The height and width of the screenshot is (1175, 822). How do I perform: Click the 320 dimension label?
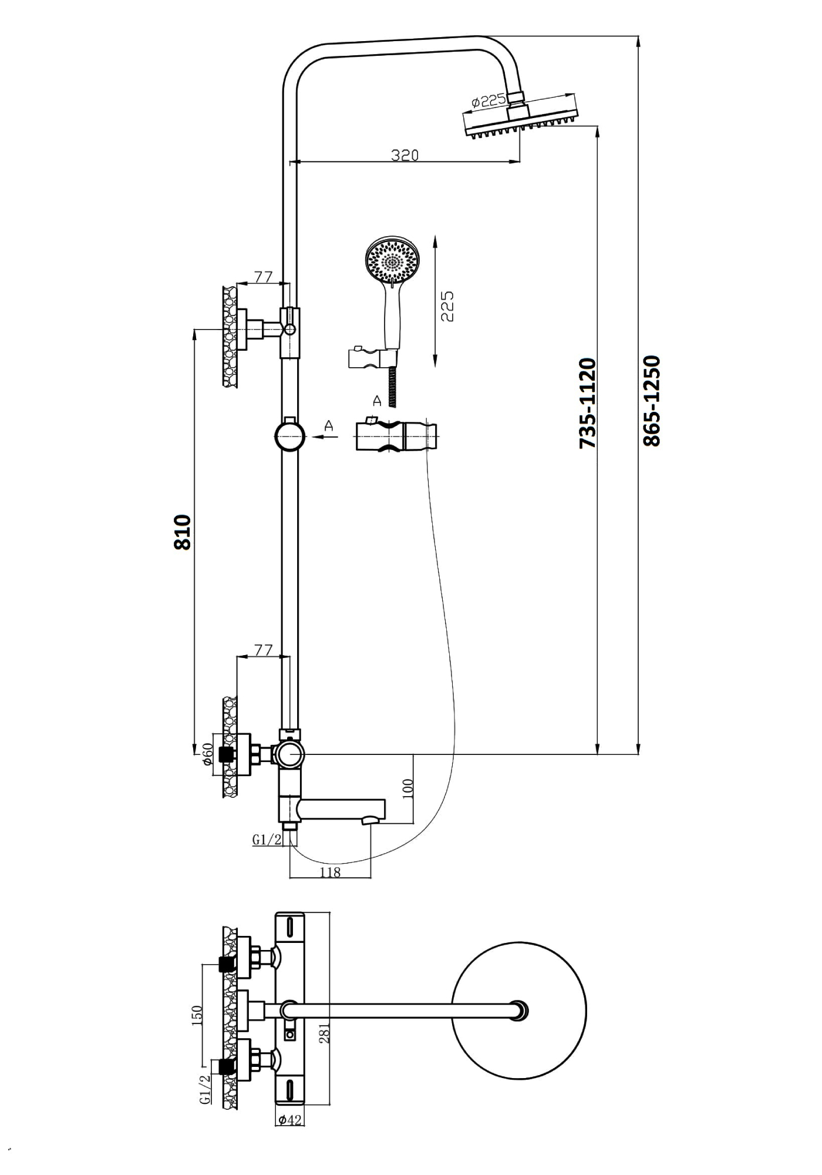click(405, 155)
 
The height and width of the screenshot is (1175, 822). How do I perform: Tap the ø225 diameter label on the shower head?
click(489, 102)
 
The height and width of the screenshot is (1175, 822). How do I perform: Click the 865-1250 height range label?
click(652, 401)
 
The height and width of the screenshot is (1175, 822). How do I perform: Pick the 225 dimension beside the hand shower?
click(447, 306)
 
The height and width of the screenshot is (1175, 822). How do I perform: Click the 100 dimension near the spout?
click(409, 788)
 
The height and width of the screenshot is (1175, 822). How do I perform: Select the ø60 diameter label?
click(207, 754)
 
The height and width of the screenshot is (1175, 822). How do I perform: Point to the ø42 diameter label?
click(290, 1120)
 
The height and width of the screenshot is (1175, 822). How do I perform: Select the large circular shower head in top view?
click(520, 1011)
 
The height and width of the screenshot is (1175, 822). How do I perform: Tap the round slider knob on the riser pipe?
click(290, 435)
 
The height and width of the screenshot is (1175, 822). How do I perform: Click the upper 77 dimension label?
click(264, 277)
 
